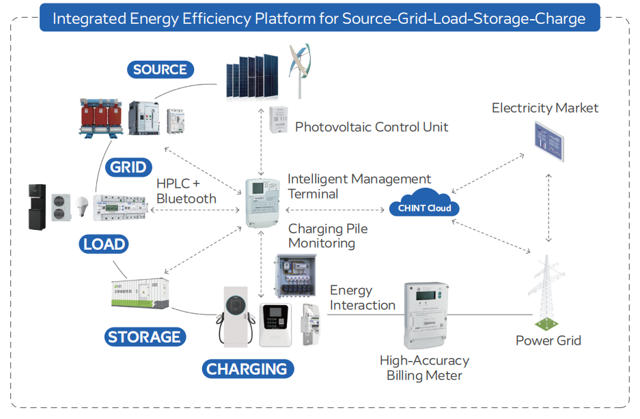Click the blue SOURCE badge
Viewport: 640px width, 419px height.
[x=160, y=70]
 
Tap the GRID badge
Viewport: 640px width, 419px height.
[x=128, y=167]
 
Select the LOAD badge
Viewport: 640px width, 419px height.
[x=104, y=244]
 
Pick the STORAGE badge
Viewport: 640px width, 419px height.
[x=144, y=336]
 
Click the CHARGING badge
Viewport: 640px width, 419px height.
[x=247, y=369]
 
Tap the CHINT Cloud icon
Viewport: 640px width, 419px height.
[x=424, y=204]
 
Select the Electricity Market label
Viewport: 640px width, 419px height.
[x=544, y=108]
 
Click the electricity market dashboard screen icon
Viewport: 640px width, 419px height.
[x=550, y=141]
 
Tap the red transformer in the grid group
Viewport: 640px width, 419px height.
[x=100, y=117]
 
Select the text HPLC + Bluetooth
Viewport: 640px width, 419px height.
[x=186, y=191]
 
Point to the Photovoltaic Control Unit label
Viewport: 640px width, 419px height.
[x=372, y=127]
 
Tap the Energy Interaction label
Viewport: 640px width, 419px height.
[x=362, y=298]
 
